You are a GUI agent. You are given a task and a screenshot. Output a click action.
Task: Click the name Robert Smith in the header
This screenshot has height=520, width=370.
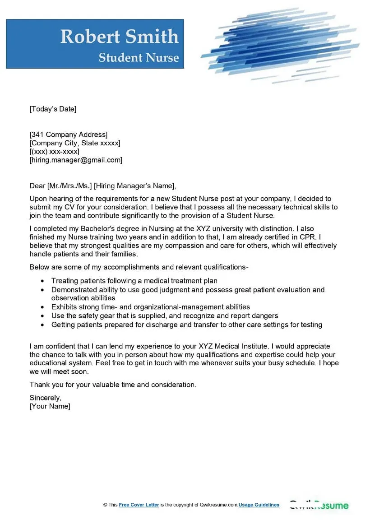click(120, 37)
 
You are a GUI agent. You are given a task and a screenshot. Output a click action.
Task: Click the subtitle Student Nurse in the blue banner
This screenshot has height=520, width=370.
click(139, 58)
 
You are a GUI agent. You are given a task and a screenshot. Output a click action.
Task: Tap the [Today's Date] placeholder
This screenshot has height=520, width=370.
click(53, 109)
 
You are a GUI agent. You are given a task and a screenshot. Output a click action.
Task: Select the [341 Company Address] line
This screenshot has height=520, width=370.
click(69, 135)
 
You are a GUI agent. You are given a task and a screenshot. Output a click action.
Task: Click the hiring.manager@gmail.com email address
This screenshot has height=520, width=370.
click(76, 160)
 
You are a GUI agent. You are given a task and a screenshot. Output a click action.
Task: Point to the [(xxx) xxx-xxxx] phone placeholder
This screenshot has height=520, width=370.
click(54, 152)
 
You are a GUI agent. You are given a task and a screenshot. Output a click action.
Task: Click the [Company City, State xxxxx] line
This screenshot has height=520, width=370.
click(75, 143)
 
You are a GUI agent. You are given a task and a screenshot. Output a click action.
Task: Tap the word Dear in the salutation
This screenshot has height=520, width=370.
click(37, 186)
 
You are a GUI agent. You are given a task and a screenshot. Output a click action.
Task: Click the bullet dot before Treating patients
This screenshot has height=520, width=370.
click(42, 281)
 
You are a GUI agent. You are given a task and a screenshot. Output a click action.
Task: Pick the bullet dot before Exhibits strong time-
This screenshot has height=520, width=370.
click(42, 307)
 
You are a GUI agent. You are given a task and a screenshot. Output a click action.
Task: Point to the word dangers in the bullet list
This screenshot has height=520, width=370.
click(263, 316)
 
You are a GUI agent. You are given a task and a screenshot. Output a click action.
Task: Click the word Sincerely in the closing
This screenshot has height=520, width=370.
click(45, 398)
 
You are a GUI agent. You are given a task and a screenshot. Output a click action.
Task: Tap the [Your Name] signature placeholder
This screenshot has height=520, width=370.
click(50, 406)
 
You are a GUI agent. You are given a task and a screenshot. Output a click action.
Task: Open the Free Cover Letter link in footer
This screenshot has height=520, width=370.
click(139, 505)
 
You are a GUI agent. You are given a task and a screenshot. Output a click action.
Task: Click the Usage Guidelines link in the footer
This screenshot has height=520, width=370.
click(259, 505)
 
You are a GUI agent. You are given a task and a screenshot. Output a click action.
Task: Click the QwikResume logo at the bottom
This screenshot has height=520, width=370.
click(319, 505)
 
